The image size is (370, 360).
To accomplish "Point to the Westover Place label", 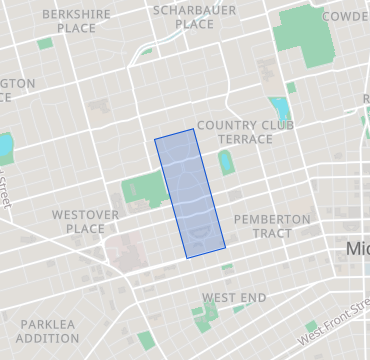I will (85, 221).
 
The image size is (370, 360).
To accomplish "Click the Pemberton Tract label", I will (271, 226).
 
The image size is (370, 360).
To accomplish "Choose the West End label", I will (234, 298).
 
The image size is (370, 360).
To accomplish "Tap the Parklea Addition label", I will (47, 331).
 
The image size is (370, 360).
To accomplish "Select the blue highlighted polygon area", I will (190, 192).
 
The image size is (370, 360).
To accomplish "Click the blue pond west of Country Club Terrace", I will (279, 108).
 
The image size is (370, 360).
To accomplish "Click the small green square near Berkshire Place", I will (45, 44).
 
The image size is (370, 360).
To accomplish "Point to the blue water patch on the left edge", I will (5, 148).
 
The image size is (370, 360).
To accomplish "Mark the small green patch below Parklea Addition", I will (147, 340).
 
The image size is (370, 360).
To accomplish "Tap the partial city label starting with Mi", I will (357, 248).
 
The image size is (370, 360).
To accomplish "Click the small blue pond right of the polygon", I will (226, 161).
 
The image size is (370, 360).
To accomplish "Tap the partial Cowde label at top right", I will (345, 16).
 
